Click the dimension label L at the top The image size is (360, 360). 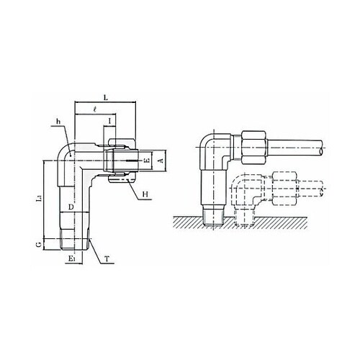[105, 97]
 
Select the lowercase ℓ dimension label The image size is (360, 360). [95, 109]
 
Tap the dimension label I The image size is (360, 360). [109, 121]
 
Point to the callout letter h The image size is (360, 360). [58, 122]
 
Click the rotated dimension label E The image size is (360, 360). [147, 161]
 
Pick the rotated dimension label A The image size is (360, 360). [161, 161]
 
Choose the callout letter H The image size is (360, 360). [145, 194]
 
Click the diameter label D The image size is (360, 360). [71, 207]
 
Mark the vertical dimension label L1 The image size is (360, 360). [40, 198]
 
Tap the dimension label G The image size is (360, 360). [39, 245]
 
